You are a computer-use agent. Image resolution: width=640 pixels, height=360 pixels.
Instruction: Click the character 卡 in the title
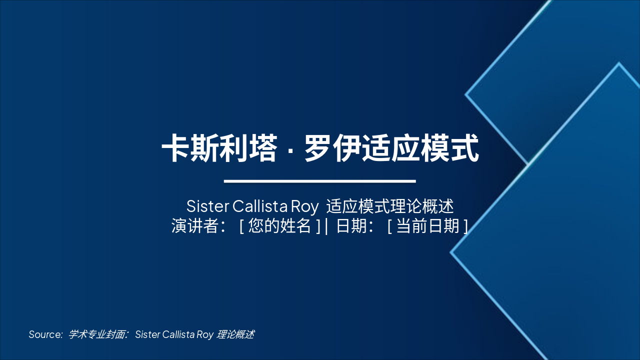(176, 147)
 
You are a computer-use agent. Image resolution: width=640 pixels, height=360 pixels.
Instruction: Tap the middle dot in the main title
(290, 148)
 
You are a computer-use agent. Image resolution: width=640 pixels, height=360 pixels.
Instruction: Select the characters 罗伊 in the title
(333, 147)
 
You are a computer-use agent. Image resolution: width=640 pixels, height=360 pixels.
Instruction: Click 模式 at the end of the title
(450, 147)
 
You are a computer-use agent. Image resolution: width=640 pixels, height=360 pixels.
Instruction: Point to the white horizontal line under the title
(320, 181)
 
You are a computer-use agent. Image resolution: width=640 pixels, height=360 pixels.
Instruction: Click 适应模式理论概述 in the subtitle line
(389, 206)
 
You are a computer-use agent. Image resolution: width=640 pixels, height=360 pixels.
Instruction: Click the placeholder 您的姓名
(279, 226)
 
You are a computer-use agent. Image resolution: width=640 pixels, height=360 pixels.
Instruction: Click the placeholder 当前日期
(427, 226)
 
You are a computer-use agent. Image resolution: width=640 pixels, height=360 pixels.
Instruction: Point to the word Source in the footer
(45, 334)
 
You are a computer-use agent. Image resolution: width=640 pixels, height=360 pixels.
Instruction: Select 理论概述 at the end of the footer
(235, 334)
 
